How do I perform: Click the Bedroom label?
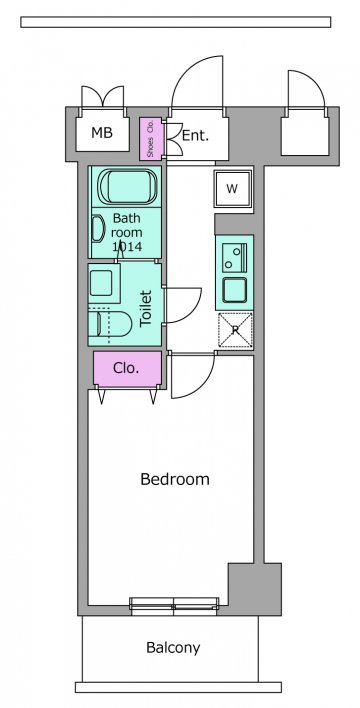(175, 479)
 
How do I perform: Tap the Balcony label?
(173, 648)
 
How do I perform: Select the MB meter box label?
(102, 133)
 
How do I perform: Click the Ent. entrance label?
(195, 135)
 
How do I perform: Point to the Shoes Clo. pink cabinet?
(150, 138)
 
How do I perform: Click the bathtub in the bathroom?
(128, 186)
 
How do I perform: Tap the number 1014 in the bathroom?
(126, 247)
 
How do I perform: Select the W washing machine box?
(233, 189)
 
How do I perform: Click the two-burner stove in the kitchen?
(234, 257)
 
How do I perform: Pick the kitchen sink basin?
(234, 290)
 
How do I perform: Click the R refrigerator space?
(235, 330)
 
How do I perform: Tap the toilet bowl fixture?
(110, 323)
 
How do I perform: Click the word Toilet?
(145, 309)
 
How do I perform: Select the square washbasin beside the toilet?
(103, 283)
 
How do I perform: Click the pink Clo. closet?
(127, 369)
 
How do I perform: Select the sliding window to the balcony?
(174, 606)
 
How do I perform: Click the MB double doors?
(103, 96)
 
